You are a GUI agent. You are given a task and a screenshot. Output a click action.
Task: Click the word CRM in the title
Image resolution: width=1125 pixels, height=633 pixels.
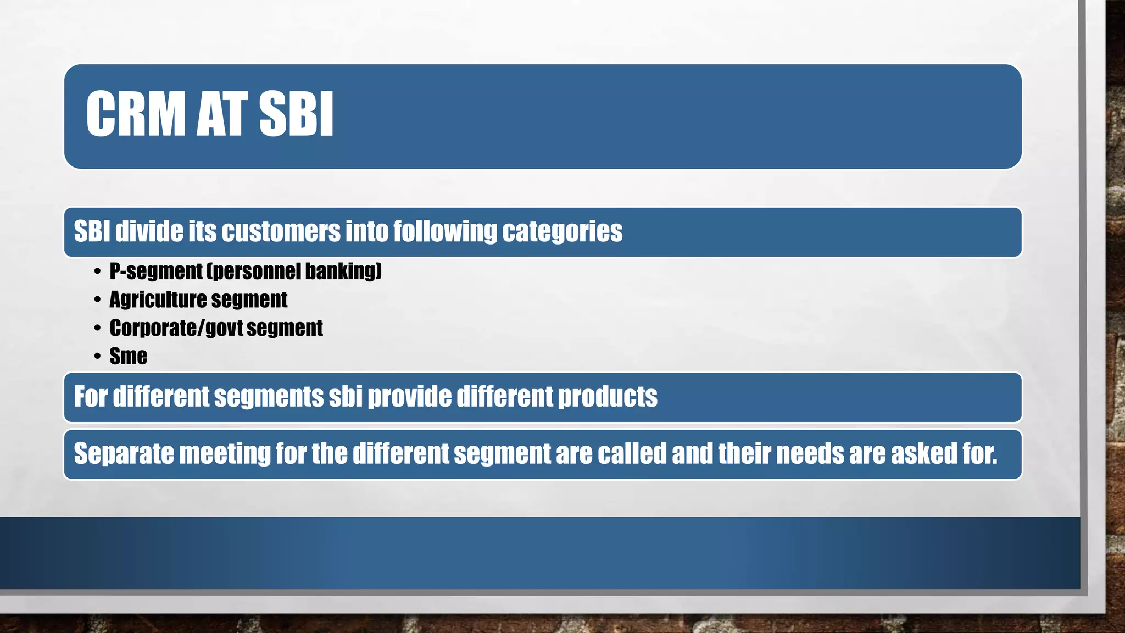(x=135, y=114)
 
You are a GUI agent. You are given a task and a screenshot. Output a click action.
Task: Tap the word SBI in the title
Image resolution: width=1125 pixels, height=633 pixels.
(x=296, y=114)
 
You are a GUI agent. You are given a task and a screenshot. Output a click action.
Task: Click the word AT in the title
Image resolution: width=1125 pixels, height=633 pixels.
(x=219, y=114)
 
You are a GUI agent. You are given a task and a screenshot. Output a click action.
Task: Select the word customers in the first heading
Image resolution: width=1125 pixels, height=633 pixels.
(x=281, y=231)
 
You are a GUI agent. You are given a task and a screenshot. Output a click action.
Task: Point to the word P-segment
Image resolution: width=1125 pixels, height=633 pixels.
(x=156, y=271)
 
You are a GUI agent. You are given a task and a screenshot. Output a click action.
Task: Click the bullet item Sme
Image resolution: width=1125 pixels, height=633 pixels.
(x=128, y=356)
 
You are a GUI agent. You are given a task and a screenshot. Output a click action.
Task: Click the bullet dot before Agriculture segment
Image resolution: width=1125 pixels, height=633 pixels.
(x=97, y=300)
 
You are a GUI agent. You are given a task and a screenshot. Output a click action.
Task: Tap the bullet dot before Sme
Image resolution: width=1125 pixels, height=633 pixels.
(x=97, y=357)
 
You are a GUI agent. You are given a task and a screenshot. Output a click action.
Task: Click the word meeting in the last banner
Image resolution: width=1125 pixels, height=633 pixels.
(x=225, y=454)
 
